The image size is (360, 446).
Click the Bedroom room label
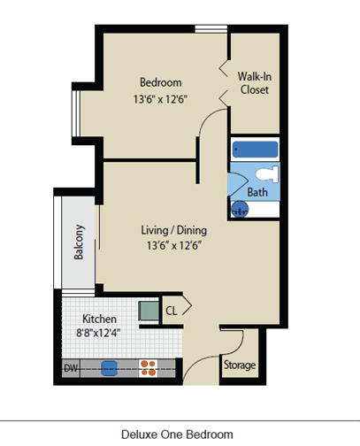pyautogui.click(x=161, y=82)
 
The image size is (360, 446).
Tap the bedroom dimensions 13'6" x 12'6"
pyautogui.click(x=161, y=99)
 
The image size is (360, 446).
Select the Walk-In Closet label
pyautogui.click(x=255, y=83)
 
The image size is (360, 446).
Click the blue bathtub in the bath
pyautogui.click(x=255, y=150)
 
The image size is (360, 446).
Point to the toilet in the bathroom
pyautogui.click(x=267, y=174)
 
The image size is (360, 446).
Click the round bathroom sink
pyautogui.click(x=240, y=209)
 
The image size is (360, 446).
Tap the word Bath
pyautogui.click(x=257, y=192)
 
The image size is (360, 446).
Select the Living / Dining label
pyautogui.click(x=174, y=230)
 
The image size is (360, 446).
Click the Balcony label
pyautogui.click(x=79, y=242)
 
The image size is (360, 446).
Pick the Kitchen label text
pyautogui.click(x=99, y=319)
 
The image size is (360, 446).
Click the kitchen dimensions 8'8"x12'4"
pyautogui.click(x=98, y=333)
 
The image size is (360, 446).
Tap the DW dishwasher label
pyautogui.click(x=71, y=368)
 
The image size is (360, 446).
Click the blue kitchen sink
pyautogui.click(x=110, y=369)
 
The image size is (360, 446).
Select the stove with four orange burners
pyautogui.click(x=148, y=368)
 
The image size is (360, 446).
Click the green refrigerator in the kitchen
pyautogui.click(x=149, y=311)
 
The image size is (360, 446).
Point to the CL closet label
pyautogui.click(x=172, y=311)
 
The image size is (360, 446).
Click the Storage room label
pyautogui.click(x=240, y=365)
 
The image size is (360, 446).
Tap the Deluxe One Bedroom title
pyautogui.click(x=177, y=434)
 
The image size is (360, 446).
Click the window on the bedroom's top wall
pyautogui.click(x=211, y=29)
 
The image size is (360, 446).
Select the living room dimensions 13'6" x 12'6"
pyautogui.click(x=174, y=245)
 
